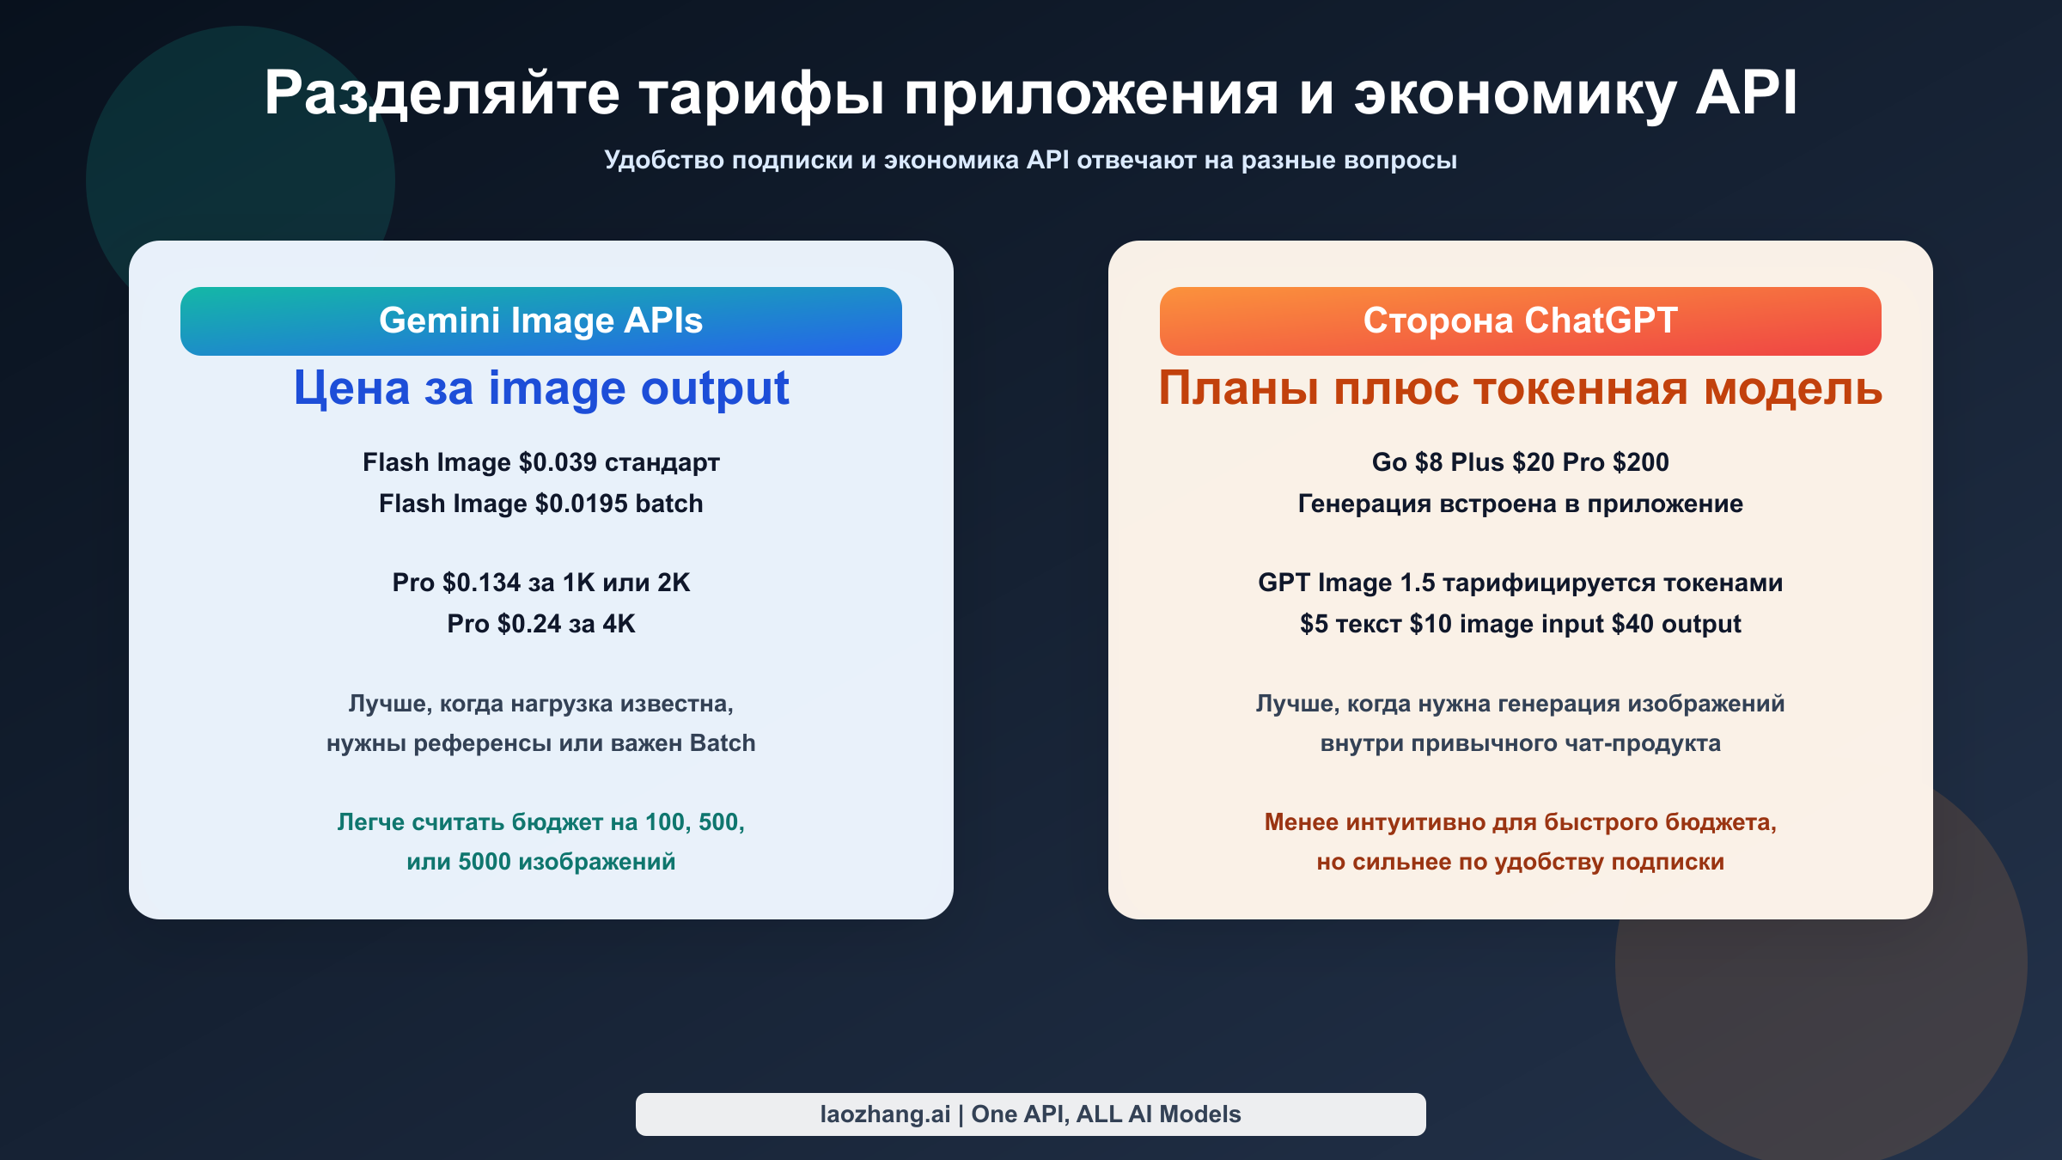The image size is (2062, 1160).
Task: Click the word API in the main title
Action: [x=1746, y=93]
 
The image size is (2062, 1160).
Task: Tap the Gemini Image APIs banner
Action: [x=541, y=321]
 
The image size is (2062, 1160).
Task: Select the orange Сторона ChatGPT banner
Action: [x=1520, y=321]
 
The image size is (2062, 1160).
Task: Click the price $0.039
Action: [x=558, y=462]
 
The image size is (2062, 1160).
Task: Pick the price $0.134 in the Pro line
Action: [x=481, y=583]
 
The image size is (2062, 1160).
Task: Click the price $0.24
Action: [x=528, y=624]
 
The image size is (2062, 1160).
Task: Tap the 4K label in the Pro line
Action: [x=619, y=624]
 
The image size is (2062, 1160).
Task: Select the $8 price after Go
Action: [x=1429, y=462]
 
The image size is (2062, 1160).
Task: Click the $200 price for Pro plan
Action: [x=1641, y=462]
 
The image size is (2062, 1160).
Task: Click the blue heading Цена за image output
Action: [x=541, y=388]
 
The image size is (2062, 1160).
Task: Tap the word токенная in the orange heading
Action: [x=1581, y=388]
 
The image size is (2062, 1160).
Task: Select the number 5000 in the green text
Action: [x=484, y=862]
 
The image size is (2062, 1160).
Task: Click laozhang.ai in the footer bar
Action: [x=885, y=1114]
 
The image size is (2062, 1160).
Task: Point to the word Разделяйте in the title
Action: [x=442, y=93]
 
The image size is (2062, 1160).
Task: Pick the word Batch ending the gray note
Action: [x=723, y=743]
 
